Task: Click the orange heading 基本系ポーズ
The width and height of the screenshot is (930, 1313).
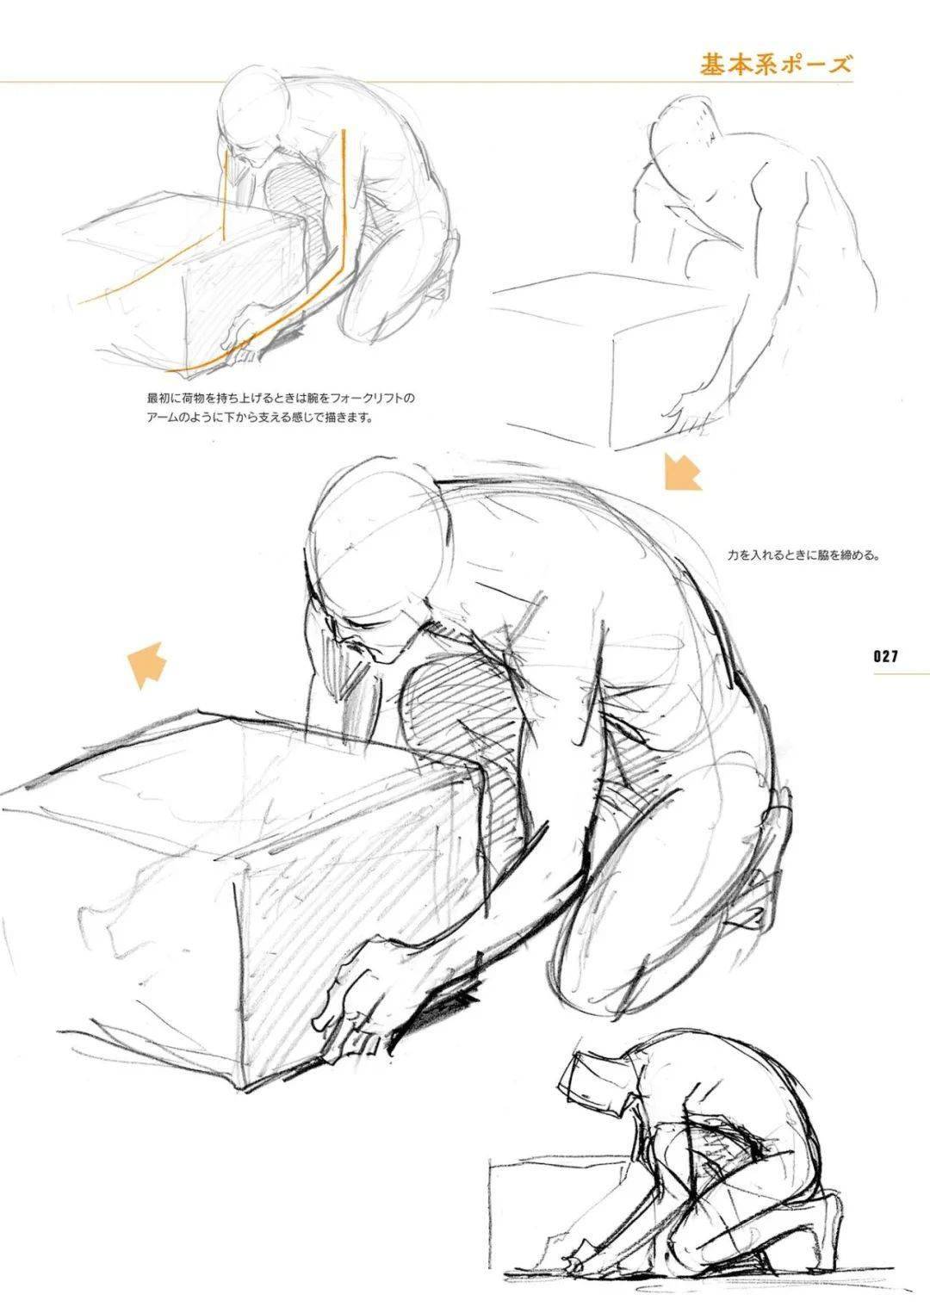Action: [x=776, y=64]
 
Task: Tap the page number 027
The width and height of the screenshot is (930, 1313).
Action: [x=885, y=656]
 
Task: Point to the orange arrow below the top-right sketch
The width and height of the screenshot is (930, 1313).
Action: [x=683, y=471]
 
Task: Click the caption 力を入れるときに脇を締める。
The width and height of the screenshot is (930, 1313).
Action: [x=803, y=555]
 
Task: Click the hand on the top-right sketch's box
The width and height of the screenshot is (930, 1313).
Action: [x=689, y=413]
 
